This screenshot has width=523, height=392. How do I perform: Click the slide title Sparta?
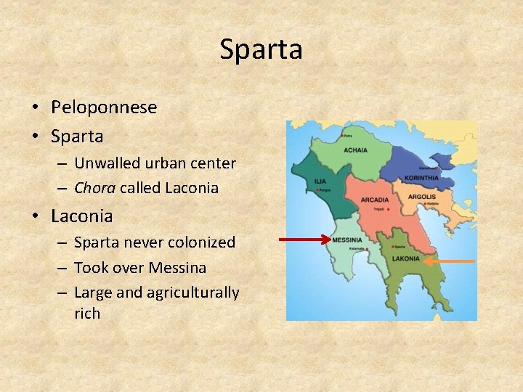pos(261,49)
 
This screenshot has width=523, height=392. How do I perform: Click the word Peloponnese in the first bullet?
pos(104,107)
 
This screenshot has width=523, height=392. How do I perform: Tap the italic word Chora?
pos(94,188)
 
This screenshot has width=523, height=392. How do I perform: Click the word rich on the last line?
pos(87,314)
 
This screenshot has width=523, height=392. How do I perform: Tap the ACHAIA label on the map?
pos(356,151)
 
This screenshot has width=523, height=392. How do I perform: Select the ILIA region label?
pos(320,181)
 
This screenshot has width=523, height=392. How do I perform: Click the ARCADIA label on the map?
pos(375,200)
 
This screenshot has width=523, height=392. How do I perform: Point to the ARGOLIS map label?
pos(422,197)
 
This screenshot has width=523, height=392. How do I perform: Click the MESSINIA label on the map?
pos(347,240)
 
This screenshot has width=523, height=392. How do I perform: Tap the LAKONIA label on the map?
pos(406,258)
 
